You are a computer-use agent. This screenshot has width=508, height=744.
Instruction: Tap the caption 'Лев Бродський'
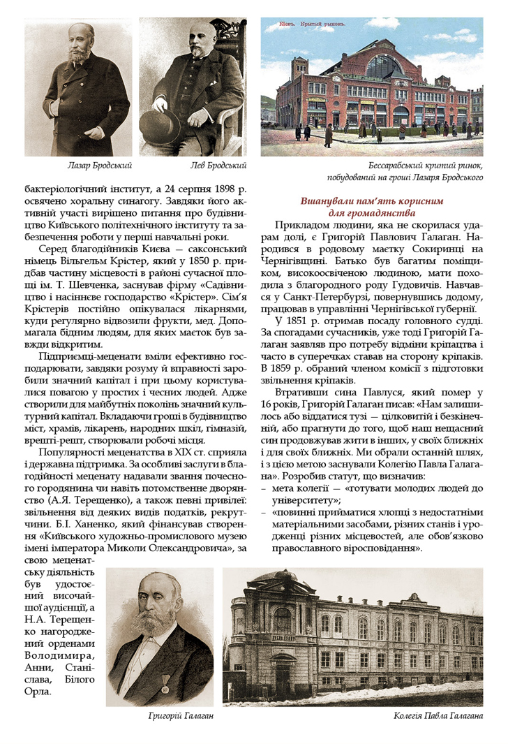click(218, 166)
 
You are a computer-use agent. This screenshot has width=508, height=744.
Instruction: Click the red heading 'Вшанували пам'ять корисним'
click(371, 201)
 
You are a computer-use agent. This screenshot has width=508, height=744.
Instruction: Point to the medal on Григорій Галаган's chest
click(165, 689)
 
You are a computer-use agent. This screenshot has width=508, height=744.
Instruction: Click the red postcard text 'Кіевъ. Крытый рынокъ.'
click(303, 23)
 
